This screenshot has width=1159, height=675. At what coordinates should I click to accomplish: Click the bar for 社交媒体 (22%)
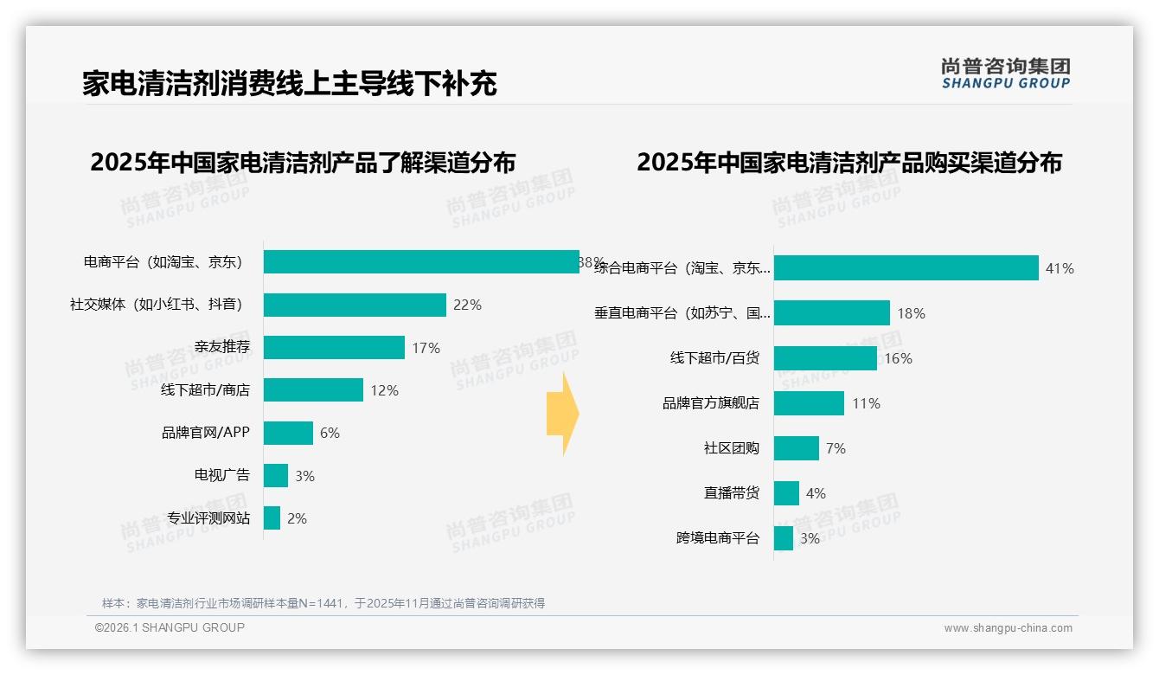[x=355, y=305]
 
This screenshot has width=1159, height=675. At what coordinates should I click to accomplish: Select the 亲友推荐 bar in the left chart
[x=334, y=348]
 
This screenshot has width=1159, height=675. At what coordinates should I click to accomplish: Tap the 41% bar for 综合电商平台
[x=906, y=268]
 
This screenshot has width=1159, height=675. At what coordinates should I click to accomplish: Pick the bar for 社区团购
[x=796, y=448]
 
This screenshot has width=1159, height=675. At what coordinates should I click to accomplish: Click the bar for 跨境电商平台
[x=784, y=538]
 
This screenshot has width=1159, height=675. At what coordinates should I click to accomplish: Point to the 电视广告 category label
[x=221, y=475]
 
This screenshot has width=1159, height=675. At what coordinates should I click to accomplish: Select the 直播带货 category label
[x=731, y=493]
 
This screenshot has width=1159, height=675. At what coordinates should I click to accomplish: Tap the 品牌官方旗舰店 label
[x=710, y=403]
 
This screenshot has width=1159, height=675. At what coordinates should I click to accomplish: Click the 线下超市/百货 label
[x=714, y=358]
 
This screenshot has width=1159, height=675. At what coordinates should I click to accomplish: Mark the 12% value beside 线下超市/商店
[x=384, y=390]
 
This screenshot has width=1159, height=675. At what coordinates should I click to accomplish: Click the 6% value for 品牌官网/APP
[x=330, y=433]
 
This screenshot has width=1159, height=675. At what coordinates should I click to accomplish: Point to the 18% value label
[x=911, y=313]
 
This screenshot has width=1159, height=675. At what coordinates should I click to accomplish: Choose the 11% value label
[x=866, y=403]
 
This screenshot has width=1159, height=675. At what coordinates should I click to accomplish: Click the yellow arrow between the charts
[x=562, y=414]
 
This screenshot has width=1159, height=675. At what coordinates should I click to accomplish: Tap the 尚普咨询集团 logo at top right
[x=1005, y=74]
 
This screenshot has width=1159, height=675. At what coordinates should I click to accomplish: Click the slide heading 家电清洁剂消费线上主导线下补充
[x=290, y=84]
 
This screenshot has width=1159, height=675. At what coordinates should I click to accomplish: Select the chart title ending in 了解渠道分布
[x=303, y=163]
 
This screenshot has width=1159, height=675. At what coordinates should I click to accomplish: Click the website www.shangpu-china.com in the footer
[x=1008, y=628]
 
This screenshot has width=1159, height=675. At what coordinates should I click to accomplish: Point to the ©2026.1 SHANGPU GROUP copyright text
[x=170, y=627]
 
